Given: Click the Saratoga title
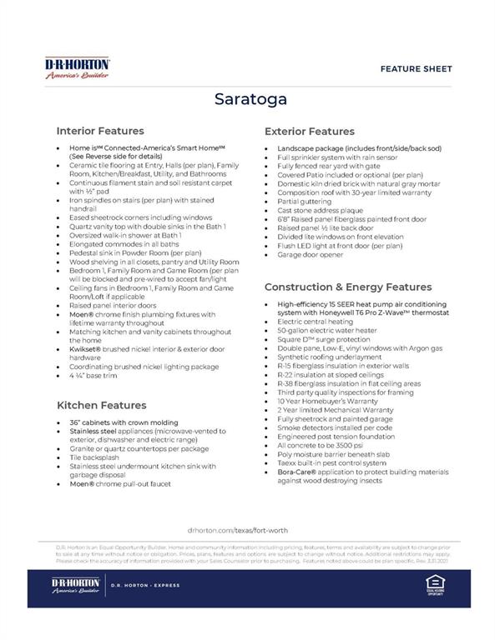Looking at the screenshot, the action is (x=248, y=98).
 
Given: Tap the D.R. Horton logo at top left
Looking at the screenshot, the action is (x=78, y=67).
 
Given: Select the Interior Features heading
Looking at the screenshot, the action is (x=99, y=131).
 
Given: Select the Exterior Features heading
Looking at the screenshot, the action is (x=309, y=132).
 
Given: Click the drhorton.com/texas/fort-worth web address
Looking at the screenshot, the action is (x=248, y=529).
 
